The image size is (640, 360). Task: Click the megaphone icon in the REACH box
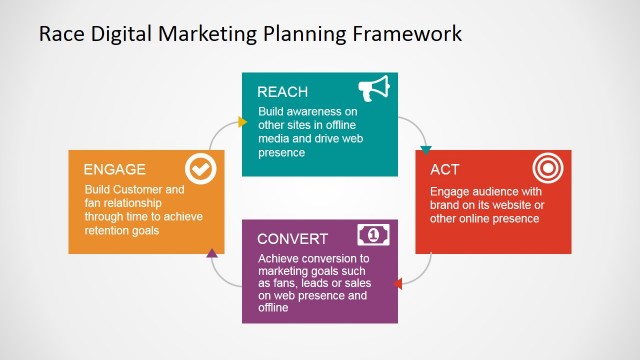[x=374, y=89]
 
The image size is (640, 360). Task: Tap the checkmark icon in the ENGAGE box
[x=201, y=170]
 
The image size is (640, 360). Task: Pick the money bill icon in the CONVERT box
[x=373, y=236]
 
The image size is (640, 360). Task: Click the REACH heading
[x=282, y=92]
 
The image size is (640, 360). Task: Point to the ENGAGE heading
[x=115, y=169]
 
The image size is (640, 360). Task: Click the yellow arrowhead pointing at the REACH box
[x=242, y=122]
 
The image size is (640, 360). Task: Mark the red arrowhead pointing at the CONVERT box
[x=398, y=284]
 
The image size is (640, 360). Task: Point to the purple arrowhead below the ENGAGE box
[x=212, y=254]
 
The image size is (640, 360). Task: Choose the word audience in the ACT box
[x=495, y=191]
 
